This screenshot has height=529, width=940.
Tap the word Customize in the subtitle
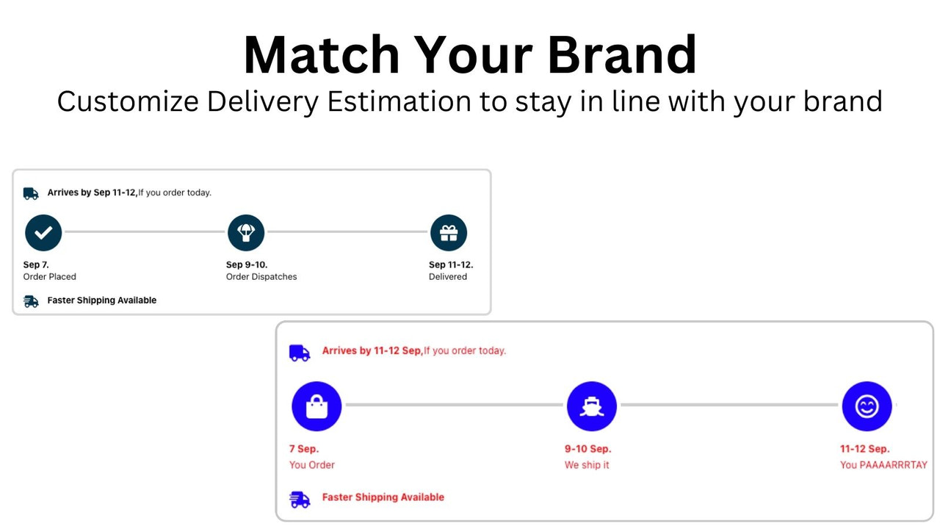pyautogui.click(x=128, y=101)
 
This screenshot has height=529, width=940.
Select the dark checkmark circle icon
pyautogui.click(x=43, y=233)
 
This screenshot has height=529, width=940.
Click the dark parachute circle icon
pyautogui.click(x=246, y=233)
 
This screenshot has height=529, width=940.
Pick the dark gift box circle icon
pyautogui.click(x=448, y=233)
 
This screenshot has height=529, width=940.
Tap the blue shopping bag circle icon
pyautogui.click(x=317, y=406)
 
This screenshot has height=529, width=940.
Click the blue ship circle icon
pyautogui.click(x=591, y=406)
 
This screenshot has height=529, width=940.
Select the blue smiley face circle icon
pyautogui.click(x=867, y=406)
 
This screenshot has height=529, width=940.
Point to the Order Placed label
pyautogui.click(x=50, y=277)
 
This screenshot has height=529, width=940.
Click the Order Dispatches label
pyautogui.click(x=261, y=277)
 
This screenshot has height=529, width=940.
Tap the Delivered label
pyautogui.click(x=448, y=277)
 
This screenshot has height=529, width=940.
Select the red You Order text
pyautogui.click(x=312, y=465)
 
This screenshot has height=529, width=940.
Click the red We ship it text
pyautogui.click(x=587, y=465)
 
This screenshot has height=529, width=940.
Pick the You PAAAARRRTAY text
pyautogui.click(x=883, y=465)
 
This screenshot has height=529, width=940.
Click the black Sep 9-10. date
pyautogui.click(x=247, y=264)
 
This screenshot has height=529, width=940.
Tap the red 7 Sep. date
pyautogui.click(x=304, y=449)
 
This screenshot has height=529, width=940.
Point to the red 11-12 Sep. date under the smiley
pyautogui.click(x=864, y=449)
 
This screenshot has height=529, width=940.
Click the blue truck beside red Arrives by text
pyautogui.click(x=300, y=353)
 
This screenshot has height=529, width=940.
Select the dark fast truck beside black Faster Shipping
pyautogui.click(x=31, y=301)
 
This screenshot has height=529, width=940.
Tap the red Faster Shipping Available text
pyautogui.click(x=383, y=497)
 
